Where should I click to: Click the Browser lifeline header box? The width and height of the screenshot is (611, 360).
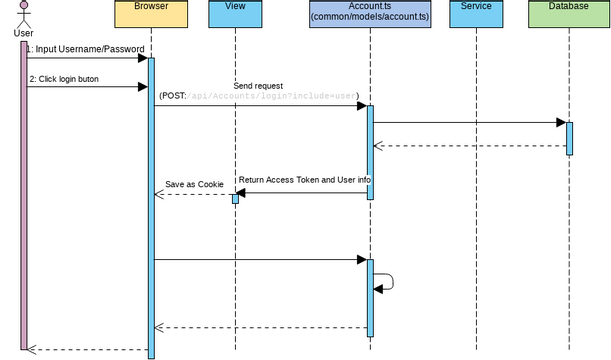[x=151, y=14]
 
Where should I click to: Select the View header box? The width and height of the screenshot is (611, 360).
[x=235, y=14]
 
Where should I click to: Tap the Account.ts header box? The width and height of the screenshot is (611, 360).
[x=370, y=14]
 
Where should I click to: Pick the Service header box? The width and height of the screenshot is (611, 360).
[x=477, y=14]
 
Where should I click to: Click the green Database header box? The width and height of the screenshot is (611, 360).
[x=568, y=14]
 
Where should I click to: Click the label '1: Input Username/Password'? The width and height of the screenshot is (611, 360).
[x=85, y=49]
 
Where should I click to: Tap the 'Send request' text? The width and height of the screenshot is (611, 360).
[x=257, y=86]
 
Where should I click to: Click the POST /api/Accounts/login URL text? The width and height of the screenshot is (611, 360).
[x=258, y=97]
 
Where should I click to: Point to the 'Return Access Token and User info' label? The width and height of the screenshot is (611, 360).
[x=305, y=180]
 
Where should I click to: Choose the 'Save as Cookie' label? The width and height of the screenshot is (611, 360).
[x=194, y=184]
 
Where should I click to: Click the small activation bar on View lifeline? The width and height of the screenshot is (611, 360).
[x=235, y=198]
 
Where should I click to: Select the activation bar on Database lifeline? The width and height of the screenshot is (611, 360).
[x=569, y=138]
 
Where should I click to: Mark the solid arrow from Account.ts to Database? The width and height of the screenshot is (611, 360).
[x=468, y=122]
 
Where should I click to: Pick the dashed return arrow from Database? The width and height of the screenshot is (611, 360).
[x=468, y=146]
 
